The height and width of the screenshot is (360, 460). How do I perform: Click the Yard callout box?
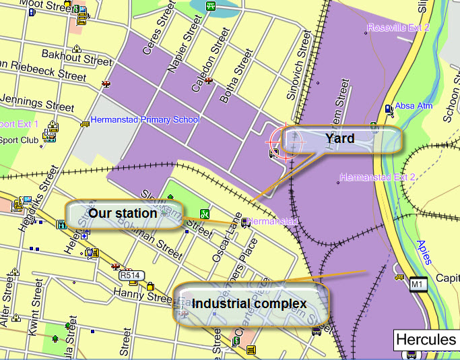pyautogui.click(x=341, y=140)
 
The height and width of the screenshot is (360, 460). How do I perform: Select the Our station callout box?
pyautogui.click(x=123, y=214)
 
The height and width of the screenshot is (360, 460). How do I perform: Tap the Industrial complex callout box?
pyautogui.click(x=251, y=304)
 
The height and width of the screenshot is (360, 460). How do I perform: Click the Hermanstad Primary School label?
pyautogui.click(x=145, y=120)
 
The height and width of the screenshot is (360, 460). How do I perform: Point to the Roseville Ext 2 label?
pyautogui.click(x=398, y=28)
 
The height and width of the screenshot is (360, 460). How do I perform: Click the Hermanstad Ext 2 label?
pyautogui.click(x=378, y=178)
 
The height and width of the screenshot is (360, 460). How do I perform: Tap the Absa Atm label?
pyautogui.click(x=414, y=106)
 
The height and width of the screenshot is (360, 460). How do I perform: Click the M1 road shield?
pyautogui.click(x=419, y=284)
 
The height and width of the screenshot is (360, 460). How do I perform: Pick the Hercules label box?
pyautogui.click(x=426, y=339)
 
